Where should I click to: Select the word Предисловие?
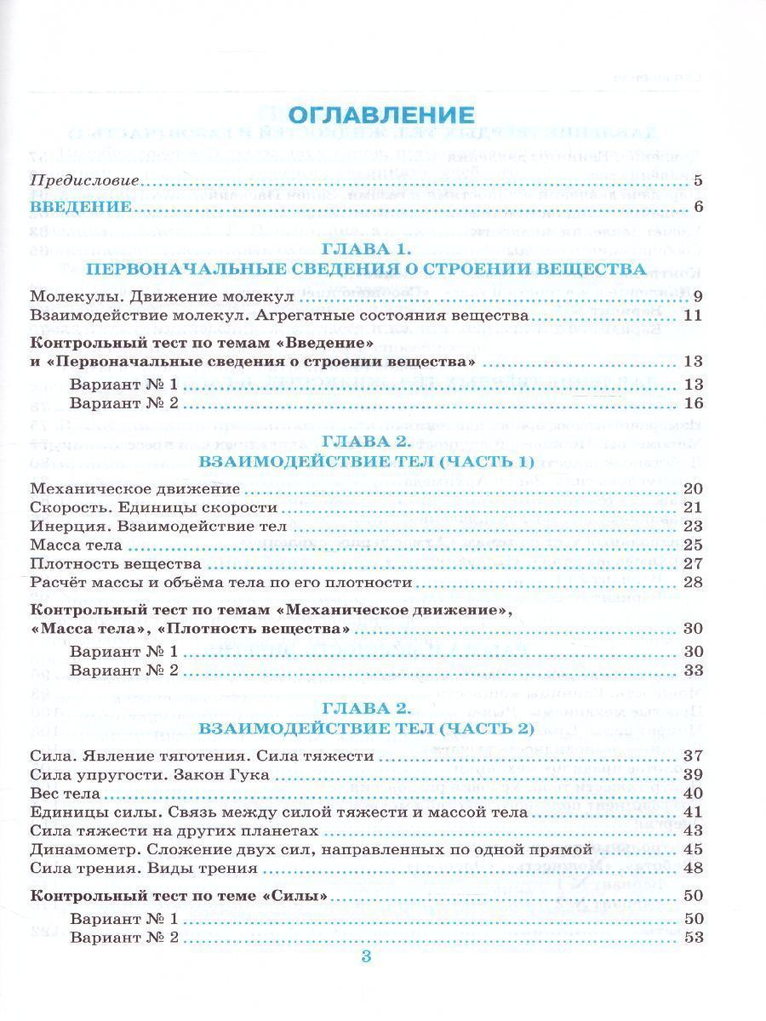coord(84,181)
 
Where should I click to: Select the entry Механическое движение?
coord(134,489)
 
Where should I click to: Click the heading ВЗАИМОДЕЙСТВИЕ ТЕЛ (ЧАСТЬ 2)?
coord(367,728)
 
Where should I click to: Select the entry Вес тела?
coord(65,794)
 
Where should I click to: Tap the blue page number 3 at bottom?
coord(367,956)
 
